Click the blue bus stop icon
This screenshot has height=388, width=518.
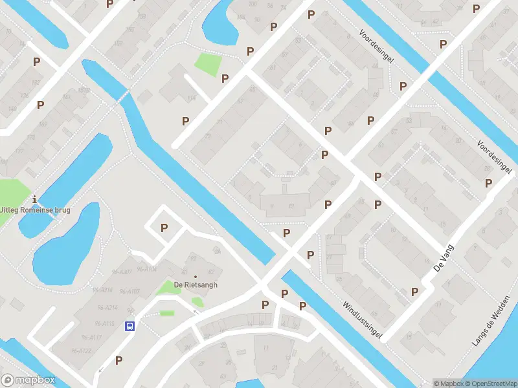129,326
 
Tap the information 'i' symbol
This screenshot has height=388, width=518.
34,199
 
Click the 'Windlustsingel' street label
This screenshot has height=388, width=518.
363,319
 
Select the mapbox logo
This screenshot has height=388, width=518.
28,380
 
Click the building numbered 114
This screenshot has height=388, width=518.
192,98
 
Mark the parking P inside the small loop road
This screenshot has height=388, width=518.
164,228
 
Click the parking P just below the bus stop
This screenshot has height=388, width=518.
118,360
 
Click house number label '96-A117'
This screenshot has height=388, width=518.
91,338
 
